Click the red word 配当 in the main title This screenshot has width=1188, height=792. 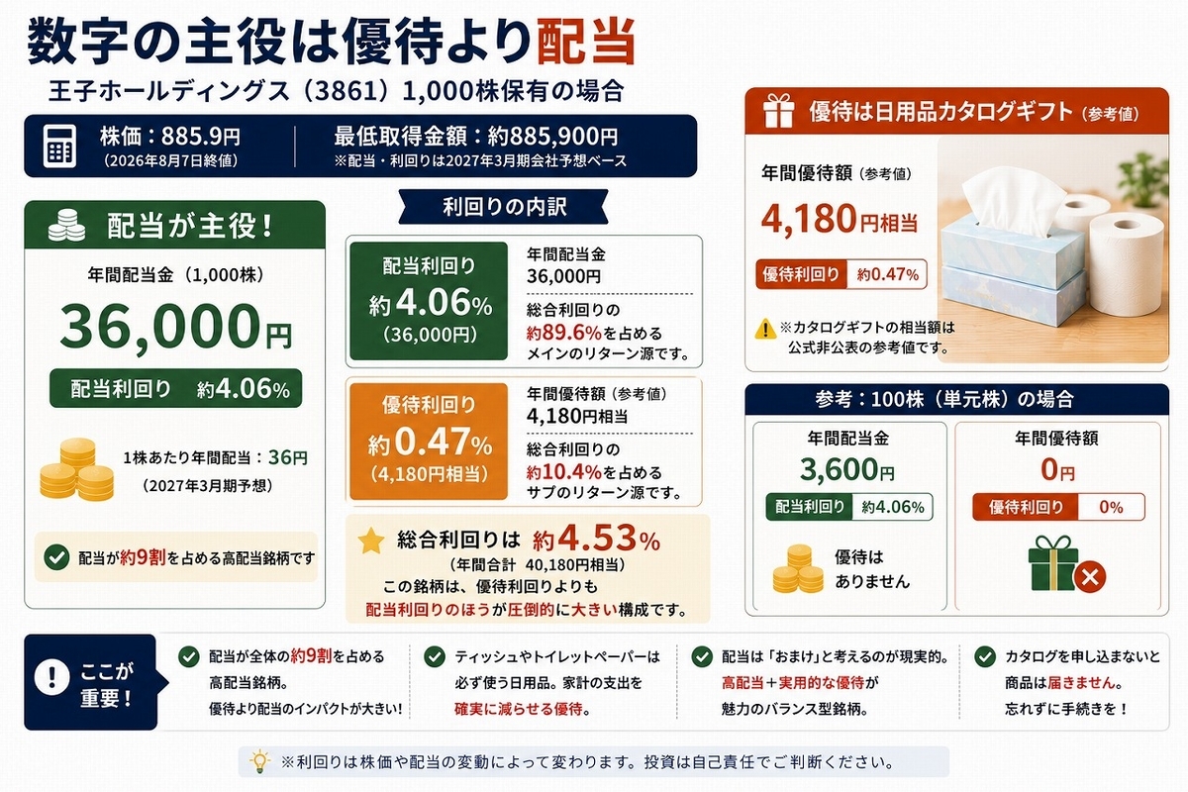pos(586,42)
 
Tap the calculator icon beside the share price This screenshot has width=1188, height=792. pos(59,147)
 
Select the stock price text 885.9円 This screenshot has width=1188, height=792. pos(200,137)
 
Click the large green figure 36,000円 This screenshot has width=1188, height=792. pos(175,325)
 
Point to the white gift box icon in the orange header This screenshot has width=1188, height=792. pos(778,111)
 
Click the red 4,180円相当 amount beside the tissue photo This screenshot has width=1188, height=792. pos(840,219)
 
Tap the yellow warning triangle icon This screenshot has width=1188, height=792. pos(765,329)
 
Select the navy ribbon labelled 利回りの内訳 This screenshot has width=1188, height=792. pos(503,206)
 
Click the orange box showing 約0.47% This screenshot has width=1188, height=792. pos(429,442)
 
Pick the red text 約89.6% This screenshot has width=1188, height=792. pos(563,334)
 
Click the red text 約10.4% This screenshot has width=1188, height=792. pos(563,471)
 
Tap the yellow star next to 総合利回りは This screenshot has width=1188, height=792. pos(371,541)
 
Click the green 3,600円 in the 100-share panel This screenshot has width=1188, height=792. pos(847,469)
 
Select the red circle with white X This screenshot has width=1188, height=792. pos(1090,576)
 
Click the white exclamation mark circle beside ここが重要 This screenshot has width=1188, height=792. pos(51,677)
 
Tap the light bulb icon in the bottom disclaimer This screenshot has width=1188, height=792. pos(259,761)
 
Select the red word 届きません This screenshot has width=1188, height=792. pos(1081,683)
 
